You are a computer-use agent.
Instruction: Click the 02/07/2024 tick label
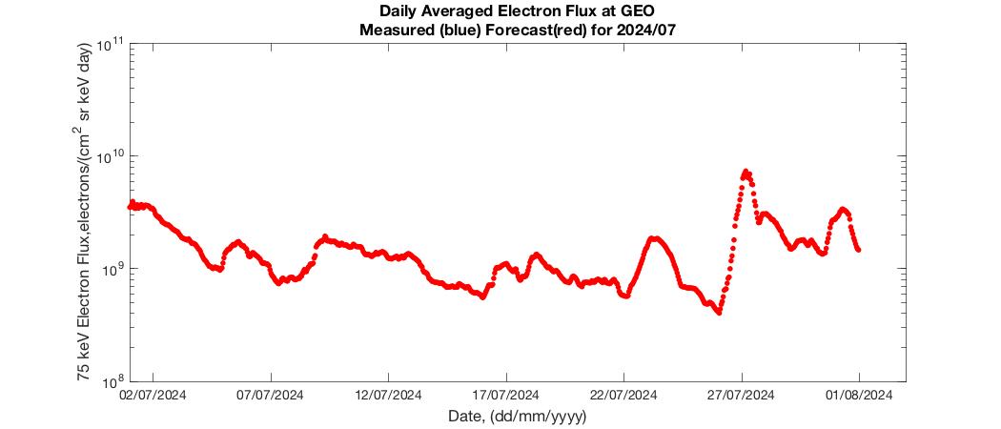[x=153, y=396]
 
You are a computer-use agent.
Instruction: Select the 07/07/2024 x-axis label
[x=272, y=396]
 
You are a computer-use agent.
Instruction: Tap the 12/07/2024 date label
[x=389, y=396]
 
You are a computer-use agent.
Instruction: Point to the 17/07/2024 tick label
[x=506, y=396]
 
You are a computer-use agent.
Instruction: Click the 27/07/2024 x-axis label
[x=742, y=396]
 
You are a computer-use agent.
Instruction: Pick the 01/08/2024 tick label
[x=859, y=396]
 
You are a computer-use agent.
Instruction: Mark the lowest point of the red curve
[x=720, y=313]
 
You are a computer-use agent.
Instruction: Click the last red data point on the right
[x=859, y=250]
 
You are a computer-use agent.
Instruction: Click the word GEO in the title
[x=639, y=11]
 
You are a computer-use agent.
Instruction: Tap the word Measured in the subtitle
[x=389, y=30]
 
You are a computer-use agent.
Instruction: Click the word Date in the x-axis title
[x=462, y=417]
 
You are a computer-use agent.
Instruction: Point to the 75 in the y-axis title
[x=82, y=374]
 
